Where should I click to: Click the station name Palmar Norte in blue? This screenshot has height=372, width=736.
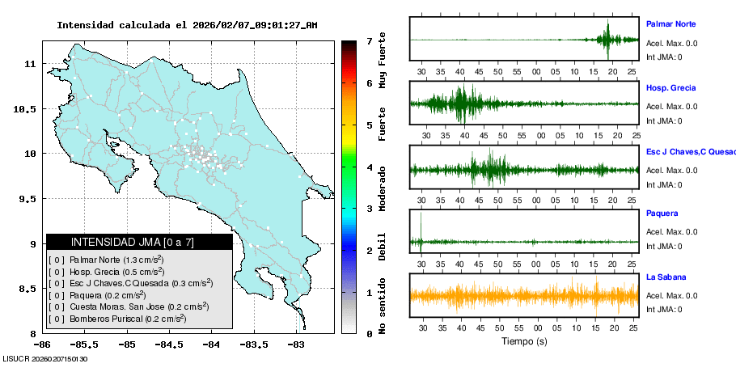point(670,24)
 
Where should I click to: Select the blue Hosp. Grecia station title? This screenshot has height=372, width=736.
point(670,87)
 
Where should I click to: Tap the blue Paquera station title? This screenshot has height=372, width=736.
point(662,213)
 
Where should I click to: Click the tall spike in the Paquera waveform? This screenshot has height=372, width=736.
point(421,226)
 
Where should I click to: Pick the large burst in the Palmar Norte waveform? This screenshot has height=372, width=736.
point(608,39)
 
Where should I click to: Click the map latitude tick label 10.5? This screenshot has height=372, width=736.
point(23,108)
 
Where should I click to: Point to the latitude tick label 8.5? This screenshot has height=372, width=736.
point(27,289)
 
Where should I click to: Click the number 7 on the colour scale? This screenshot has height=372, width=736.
point(369,40)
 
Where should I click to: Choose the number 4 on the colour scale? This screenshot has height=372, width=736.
point(369,167)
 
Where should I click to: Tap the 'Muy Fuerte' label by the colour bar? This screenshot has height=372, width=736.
point(383,65)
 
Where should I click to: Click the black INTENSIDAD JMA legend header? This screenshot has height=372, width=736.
point(139,242)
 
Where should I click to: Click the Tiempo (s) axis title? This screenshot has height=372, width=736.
point(524,341)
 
